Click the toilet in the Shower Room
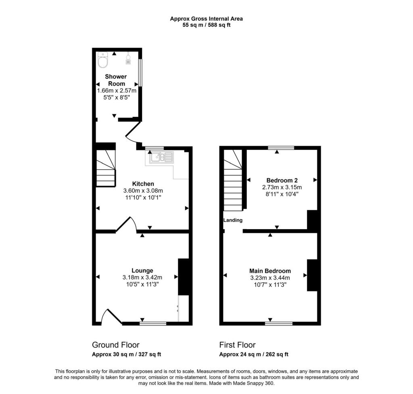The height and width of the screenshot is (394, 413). click(x=103, y=61)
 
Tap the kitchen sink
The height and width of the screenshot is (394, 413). click(x=161, y=157)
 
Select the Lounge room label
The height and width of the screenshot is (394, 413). click(x=142, y=270)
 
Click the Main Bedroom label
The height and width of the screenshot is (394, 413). click(x=270, y=271)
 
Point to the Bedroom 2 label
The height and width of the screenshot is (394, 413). click(x=282, y=180)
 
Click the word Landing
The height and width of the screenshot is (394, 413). click(x=233, y=220)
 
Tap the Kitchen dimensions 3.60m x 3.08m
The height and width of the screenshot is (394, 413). click(x=143, y=191)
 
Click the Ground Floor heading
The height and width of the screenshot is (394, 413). click(x=116, y=345)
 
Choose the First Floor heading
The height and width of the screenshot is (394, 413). click(x=237, y=345)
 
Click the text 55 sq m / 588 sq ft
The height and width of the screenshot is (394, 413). click(x=206, y=25)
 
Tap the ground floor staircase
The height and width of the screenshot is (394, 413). click(x=106, y=168)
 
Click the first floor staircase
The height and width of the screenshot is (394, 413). click(x=233, y=180)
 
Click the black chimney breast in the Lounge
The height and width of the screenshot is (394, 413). click(x=184, y=277)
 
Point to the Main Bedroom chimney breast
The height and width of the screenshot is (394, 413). click(x=312, y=275)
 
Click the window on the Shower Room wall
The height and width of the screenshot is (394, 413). click(x=140, y=73)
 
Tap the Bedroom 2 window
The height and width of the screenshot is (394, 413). click(x=281, y=148)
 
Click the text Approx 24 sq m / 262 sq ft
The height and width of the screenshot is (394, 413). click(x=254, y=355)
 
